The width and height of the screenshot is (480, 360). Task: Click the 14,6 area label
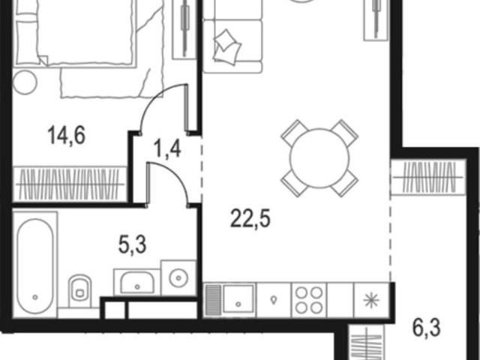tap(67, 136)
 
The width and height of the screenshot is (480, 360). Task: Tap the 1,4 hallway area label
tap(168, 149)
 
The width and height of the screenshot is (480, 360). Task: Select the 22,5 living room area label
tap(250, 218)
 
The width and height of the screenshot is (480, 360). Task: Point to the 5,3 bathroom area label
tap(132, 245)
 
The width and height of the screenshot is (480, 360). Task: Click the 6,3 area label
tap(427, 328)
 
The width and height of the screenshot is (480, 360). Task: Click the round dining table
tap(319, 158)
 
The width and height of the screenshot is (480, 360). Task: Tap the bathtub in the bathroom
tap(35, 265)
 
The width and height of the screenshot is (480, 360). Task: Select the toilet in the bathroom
tap(80, 290)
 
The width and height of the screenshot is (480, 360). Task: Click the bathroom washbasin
tap(137, 282)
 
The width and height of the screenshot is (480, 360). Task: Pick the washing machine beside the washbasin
tap(178, 278)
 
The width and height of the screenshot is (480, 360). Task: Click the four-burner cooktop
tap(309, 300)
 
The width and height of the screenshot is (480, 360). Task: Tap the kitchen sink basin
tap(238, 299)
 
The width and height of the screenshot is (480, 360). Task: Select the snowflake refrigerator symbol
tap(371, 300)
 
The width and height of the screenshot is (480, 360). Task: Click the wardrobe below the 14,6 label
tap(70, 184)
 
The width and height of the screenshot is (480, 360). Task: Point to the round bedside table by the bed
tap(25, 82)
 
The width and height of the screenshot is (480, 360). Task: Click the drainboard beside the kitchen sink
tap(212, 300)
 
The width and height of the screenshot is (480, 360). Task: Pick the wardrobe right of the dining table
tap(428, 177)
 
